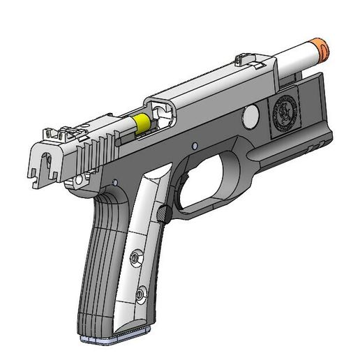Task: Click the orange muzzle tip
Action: pyautogui.click(x=323, y=48)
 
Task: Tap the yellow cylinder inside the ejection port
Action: pyautogui.click(x=142, y=123)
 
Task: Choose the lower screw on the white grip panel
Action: pyautogui.click(x=142, y=295)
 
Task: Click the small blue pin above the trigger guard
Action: pyautogui.click(x=195, y=147)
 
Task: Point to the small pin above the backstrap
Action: pyautogui.click(x=113, y=183)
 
